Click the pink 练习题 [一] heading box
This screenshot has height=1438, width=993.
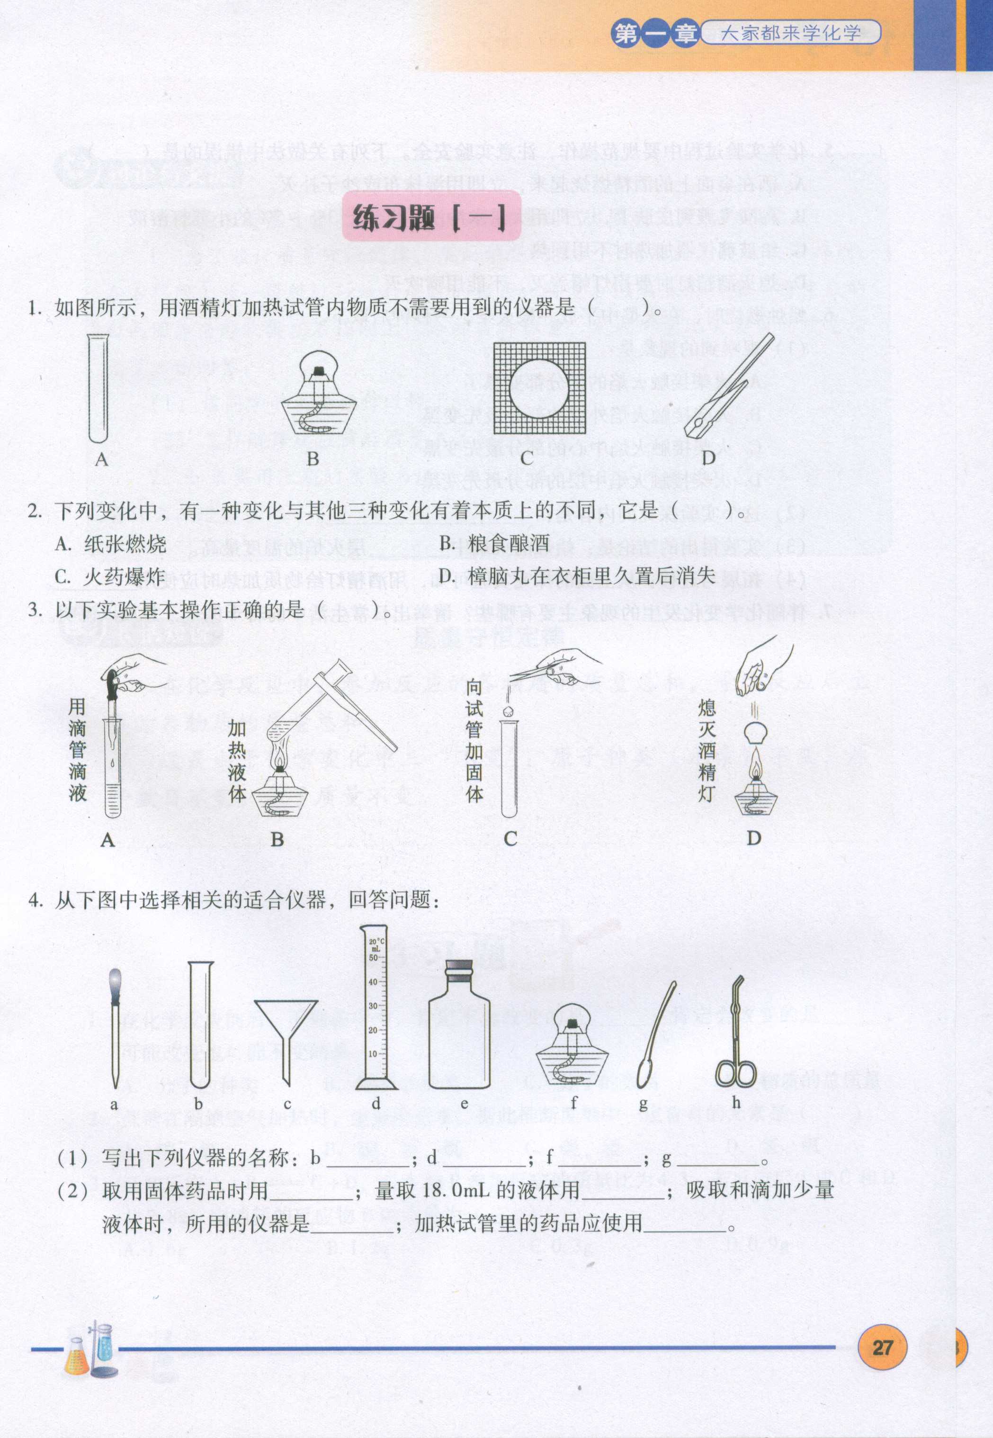[430, 216]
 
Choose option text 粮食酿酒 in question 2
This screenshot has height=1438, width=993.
[508, 543]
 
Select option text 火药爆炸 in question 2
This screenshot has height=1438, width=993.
[125, 577]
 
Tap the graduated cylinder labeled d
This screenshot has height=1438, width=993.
[376, 1011]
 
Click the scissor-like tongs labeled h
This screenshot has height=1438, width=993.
[736, 1033]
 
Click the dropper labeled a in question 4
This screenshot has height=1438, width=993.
[115, 1027]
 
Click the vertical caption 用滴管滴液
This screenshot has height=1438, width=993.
[77, 749]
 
